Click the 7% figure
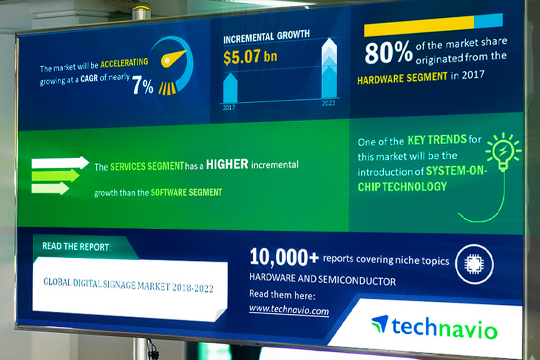143,85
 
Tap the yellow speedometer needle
173,59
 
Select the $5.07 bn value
250,57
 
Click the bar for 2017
230,88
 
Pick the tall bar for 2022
329,68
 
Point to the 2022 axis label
328,103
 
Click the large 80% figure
389,53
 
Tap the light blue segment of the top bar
489,21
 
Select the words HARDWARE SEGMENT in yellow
402,78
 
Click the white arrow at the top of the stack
60,163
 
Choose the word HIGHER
227,164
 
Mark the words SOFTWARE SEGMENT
186,193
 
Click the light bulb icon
503,152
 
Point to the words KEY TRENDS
437,140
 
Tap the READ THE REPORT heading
76,247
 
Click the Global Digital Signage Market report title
128,285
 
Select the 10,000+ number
284,257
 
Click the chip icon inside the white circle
474,265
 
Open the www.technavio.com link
289,310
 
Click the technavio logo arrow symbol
380,323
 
